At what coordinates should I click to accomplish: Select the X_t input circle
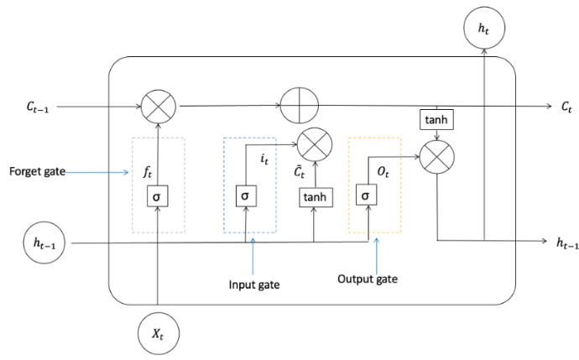point(158,334)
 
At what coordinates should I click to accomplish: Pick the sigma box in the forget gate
point(158,196)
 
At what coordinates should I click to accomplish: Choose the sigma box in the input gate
point(245,196)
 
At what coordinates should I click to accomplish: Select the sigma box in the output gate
point(368,196)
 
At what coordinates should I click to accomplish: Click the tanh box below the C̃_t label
point(315,196)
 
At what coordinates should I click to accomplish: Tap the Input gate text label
point(254,284)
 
